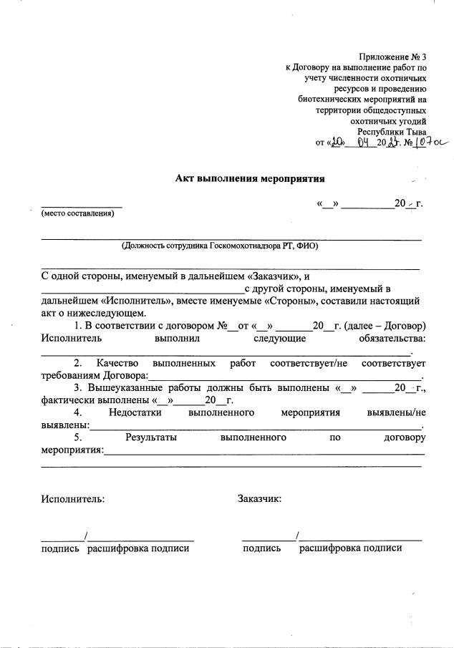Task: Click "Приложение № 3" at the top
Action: tap(392, 56)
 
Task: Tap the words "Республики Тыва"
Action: tap(392, 131)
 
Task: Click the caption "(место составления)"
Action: tap(77, 213)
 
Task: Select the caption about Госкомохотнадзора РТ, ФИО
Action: tap(220, 245)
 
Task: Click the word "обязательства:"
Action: tap(391, 338)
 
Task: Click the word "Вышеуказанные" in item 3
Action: tap(127, 388)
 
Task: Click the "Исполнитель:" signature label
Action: tap(72, 498)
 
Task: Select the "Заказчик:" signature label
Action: tap(259, 498)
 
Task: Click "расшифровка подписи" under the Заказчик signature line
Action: tap(351, 548)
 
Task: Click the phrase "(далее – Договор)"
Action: tap(385, 326)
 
